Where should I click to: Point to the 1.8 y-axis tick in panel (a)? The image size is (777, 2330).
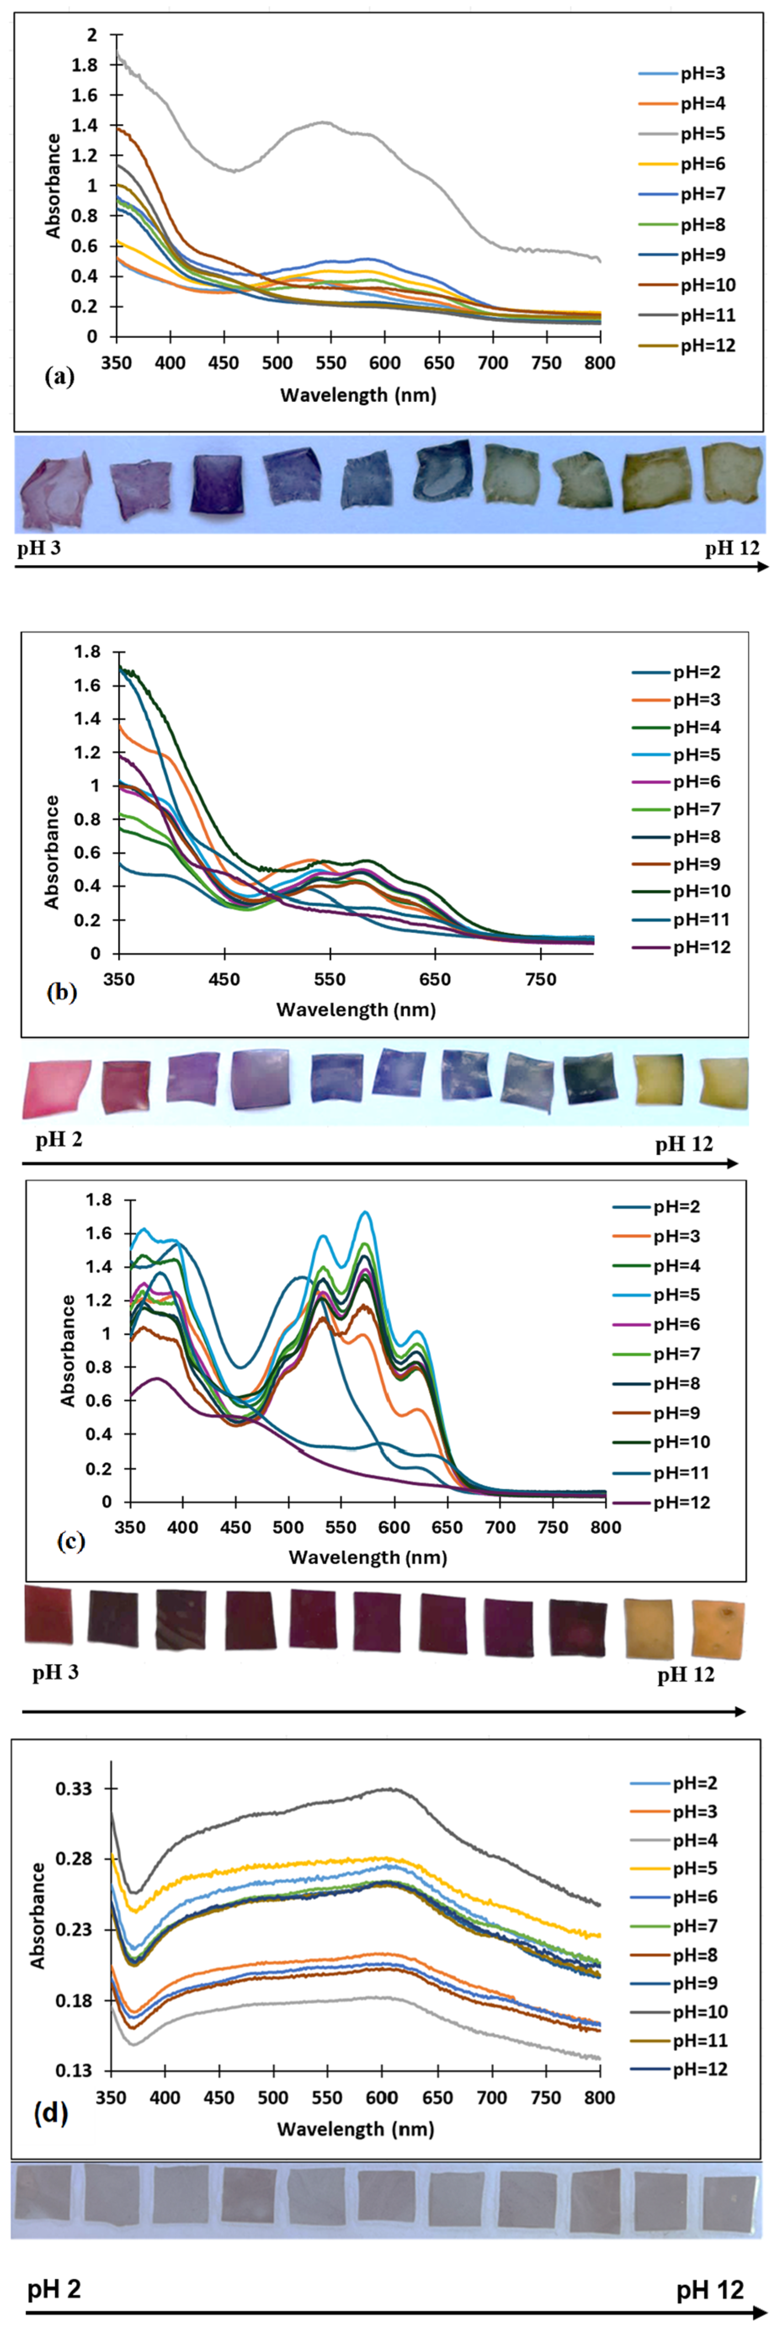point(84,65)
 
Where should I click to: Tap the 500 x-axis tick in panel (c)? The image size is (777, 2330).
point(289,1527)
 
